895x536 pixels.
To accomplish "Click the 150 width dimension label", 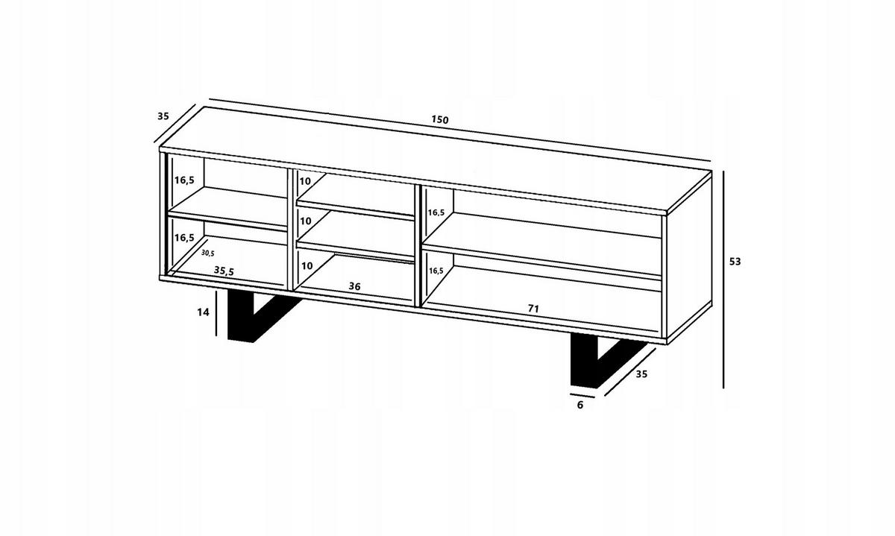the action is coord(440,119).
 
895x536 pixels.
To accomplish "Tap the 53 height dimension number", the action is coord(735,262).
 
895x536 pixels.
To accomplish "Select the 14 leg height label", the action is coord(203,312).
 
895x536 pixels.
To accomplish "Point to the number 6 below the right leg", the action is coord(580,405).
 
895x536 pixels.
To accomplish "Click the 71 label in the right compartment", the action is coord(534,309).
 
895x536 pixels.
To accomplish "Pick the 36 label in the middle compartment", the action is coord(354,286).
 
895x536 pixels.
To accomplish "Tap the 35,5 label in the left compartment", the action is coord(224,271).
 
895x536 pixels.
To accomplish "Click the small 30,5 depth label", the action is coord(208,253).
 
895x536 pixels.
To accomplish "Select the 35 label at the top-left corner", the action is coord(163,116).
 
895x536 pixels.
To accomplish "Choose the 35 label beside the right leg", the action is coord(641,373).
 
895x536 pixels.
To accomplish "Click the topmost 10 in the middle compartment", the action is coord(305,181).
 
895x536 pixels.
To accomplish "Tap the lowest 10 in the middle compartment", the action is coord(306,265).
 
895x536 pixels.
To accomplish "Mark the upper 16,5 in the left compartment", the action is coord(184,180).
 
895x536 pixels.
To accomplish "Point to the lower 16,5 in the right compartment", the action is coord(436,271).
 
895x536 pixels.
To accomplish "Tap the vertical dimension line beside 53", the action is coord(723,280).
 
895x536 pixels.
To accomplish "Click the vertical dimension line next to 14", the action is coord(216,313).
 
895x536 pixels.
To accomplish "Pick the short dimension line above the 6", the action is coord(582,396).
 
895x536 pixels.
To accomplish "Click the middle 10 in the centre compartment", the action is coord(306,221).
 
